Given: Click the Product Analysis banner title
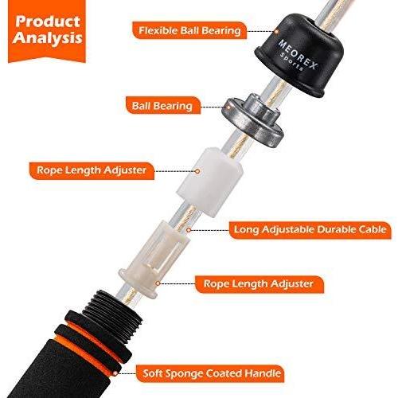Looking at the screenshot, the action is point(47,29).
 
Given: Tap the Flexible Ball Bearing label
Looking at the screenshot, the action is point(189,30).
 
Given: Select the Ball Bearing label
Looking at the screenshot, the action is point(162,106).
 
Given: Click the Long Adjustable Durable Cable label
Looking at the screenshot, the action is point(310,229).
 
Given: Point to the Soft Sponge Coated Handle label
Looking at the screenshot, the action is point(212,373).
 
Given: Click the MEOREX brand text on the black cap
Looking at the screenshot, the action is point(298,54).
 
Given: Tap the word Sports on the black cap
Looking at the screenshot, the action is point(292,61).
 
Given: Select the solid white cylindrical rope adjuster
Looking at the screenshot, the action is point(209,181).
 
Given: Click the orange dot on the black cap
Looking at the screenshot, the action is point(276,32).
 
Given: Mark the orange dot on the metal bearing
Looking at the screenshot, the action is point(228,107).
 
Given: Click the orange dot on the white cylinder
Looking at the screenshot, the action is point(197,171).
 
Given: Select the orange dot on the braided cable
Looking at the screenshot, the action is point(189,230).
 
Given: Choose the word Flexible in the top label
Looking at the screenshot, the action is point(158,30).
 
